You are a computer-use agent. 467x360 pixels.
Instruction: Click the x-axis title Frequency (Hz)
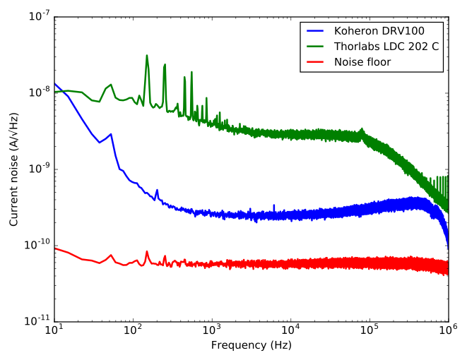tap(251, 346)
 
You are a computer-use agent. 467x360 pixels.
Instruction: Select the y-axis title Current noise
tap(14, 168)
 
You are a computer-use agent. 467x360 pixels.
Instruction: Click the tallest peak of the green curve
tap(146, 56)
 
